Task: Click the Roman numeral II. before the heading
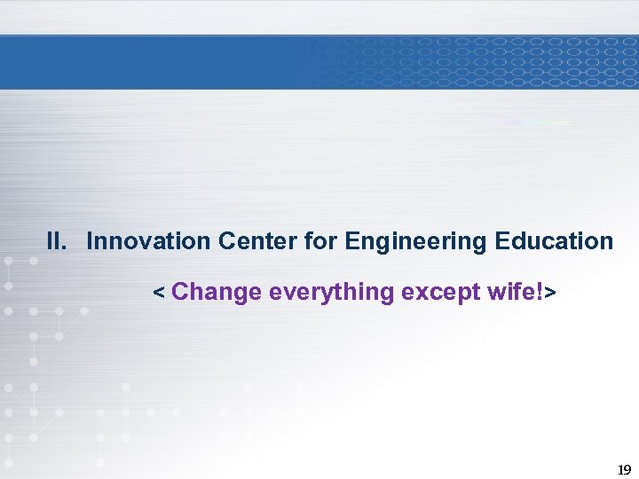point(57,241)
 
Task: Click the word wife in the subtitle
point(513,292)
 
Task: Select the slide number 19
point(623,469)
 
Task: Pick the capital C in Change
point(180,292)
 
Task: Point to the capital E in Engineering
point(351,241)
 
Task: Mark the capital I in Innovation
point(91,241)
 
